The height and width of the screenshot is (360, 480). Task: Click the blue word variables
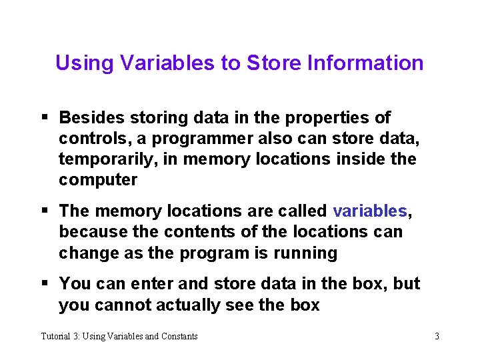(x=369, y=211)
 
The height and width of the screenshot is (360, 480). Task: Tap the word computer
(x=98, y=180)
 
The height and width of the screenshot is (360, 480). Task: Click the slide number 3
(x=437, y=336)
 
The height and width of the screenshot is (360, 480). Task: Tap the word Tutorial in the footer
(x=56, y=336)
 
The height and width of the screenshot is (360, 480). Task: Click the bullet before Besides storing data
(x=45, y=118)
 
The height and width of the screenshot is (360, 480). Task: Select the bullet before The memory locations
(x=45, y=211)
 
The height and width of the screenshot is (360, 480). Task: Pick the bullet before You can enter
(x=45, y=284)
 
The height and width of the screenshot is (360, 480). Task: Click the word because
(x=89, y=232)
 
